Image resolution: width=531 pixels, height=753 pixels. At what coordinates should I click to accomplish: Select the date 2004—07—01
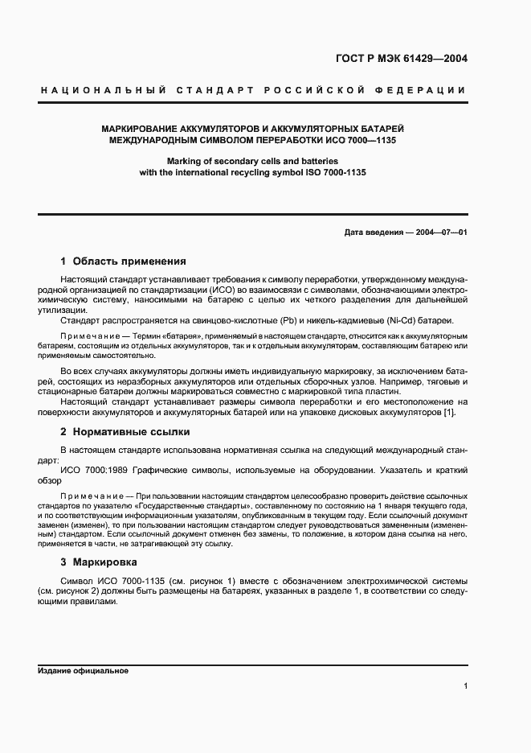pos(441,232)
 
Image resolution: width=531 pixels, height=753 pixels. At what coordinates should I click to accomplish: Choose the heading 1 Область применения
pos(124,261)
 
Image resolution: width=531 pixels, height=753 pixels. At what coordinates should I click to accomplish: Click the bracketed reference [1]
pos(449,413)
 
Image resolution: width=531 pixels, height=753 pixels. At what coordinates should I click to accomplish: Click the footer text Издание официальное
pos(84,671)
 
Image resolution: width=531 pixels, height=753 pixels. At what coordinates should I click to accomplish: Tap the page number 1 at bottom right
pos(465,686)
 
